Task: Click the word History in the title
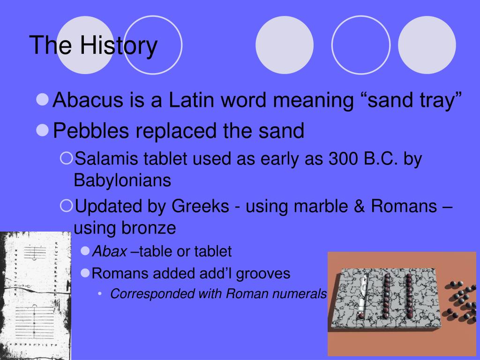click(x=119, y=46)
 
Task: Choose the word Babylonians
click(x=122, y=180)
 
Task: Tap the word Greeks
click(x=200, y=206)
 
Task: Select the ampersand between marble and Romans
click(x=360, y=206)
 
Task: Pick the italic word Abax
click(x=110, y=252)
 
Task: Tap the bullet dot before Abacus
click(x=42, y=99)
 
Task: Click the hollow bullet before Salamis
click(x=66, y=158)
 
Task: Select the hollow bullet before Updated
click(x=66, y=206)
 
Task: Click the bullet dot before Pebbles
click(x=42, y=130)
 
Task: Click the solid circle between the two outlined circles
click(x=285, y=45)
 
